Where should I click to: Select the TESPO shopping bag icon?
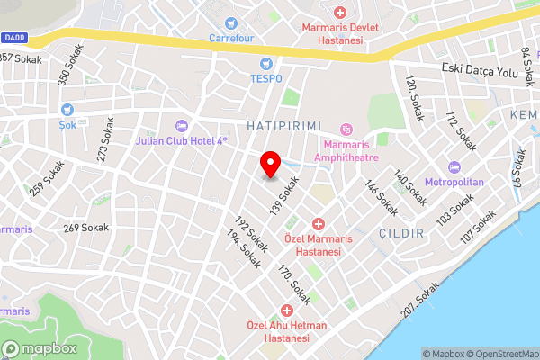point(265,64)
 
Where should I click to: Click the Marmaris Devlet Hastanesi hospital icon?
point(340,13)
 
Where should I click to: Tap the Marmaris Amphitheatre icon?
point(346,131)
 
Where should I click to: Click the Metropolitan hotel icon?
point(454,167)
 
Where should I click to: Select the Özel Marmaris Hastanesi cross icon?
point(318,223)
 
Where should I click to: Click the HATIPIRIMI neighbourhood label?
point(283,127)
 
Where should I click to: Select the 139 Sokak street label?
point(287,197)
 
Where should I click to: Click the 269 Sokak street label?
point(86,228)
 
